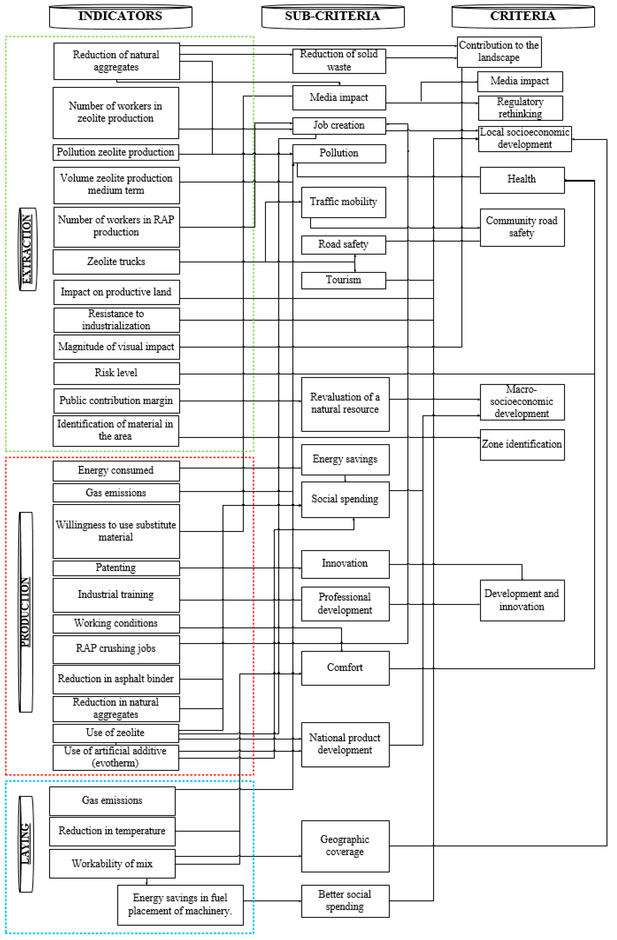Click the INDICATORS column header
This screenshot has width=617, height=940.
tap(121, 17)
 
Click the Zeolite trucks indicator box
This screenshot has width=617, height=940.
tap(116, 261)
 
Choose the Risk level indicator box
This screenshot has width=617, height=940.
tap(116, 373)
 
